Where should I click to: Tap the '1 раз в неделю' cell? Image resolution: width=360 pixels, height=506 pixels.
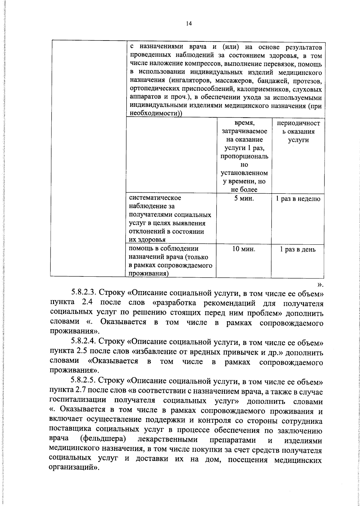pos(298,199)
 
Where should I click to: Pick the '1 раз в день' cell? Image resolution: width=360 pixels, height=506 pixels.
pos(298,249)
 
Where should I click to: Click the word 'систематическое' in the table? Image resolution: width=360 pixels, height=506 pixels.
pos(155,198)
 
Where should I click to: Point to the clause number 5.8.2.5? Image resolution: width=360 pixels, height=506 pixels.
pos(84,382)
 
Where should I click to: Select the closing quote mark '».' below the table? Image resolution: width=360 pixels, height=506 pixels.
pos(320,283)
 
